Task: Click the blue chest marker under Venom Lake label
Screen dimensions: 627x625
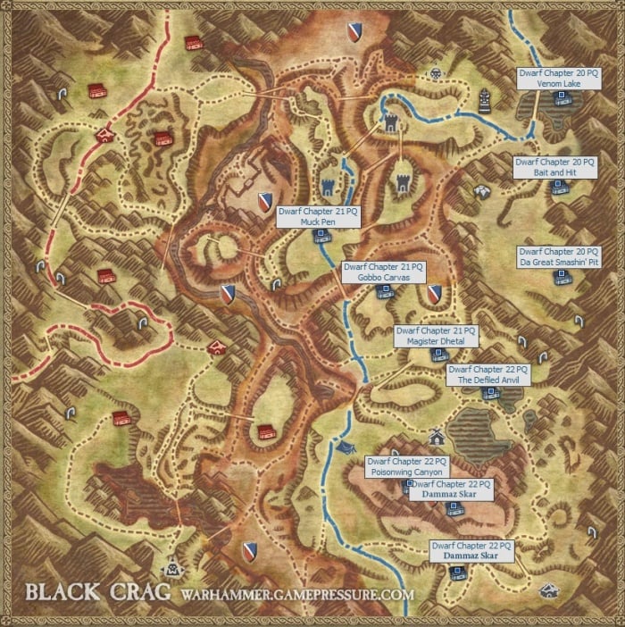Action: (562, 98)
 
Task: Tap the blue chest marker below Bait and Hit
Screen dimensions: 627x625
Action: (559, 187)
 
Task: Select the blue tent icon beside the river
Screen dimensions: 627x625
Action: (347, 446)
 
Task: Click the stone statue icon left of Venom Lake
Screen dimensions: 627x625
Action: (485, 96)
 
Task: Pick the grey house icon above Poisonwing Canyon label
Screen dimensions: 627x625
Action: (436, 437)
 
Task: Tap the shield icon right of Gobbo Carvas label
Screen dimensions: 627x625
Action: (435, 293)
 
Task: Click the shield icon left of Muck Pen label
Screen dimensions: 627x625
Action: (265, 202)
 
